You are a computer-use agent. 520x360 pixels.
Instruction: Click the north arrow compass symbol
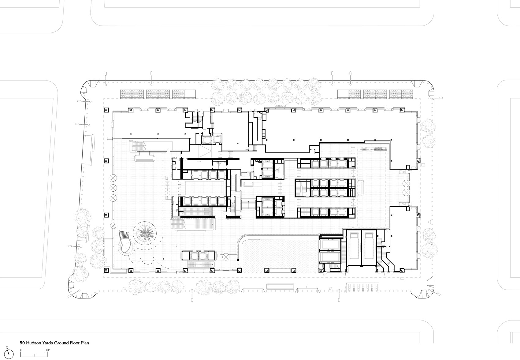(9, 354)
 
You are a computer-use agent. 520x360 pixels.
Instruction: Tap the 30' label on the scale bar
(48, 350)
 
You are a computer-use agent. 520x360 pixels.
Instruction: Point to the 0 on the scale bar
(21, 350)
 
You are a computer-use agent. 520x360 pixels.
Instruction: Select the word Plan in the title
(85, 343)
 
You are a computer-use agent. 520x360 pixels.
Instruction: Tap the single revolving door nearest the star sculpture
(113, 226)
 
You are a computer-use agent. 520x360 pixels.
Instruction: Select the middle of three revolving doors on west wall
(113, 187)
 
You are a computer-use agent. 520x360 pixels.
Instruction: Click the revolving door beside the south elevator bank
(227, 256)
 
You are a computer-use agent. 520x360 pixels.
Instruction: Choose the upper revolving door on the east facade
(406, 183)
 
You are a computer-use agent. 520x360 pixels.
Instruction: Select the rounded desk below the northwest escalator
(145, 159)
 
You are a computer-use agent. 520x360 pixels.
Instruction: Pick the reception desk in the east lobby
(364, 187)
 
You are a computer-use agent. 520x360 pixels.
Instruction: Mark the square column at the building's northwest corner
(106, 110)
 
